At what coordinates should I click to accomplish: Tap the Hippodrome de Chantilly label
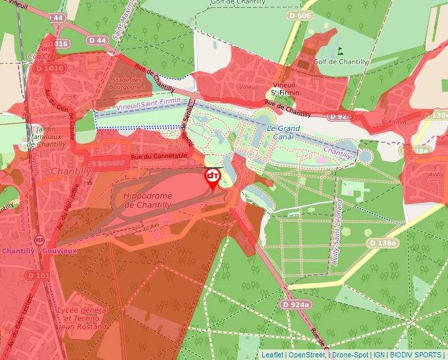point(148,201)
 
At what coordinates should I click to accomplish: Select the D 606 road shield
point(299,14)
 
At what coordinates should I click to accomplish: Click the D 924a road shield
point(295,305)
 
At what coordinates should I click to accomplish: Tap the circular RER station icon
point(39,240)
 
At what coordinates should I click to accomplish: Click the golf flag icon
point(340,50)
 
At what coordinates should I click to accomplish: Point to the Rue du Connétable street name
point(159,157)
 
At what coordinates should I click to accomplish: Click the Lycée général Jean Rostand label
point(82,318)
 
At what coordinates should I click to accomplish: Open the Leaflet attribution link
point(273,355)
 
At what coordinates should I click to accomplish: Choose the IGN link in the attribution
point(379,355)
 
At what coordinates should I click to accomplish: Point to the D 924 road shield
point(341,116)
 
